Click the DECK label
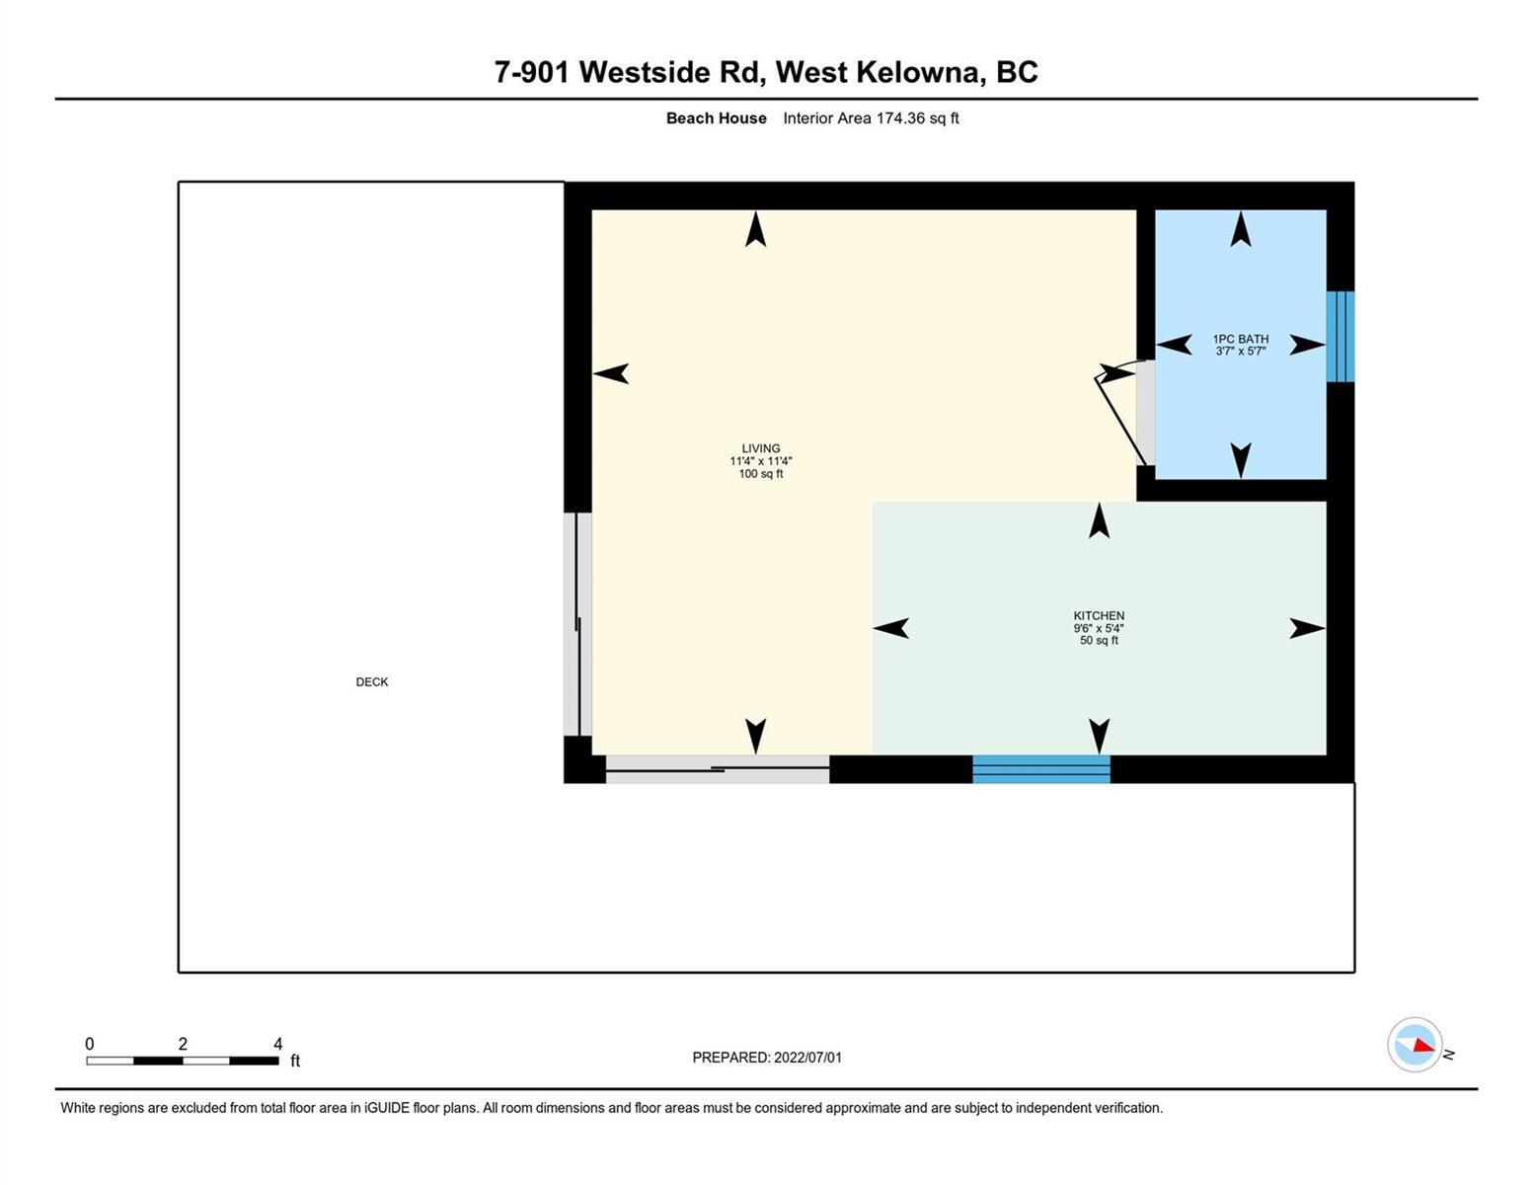coord(372,681)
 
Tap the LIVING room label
coord(760,448)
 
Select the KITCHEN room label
coord(1099,615)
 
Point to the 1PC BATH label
coord(1240,339)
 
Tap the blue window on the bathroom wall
coord(1340,337)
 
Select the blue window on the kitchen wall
coord(1041,769)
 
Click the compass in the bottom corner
coord(1415,1045)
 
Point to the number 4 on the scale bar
coord(278,1044)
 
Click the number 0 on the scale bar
coord(90,1044)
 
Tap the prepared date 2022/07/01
coord(807,1058)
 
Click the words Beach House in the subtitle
coord(716,118)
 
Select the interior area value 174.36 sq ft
coord(917,118)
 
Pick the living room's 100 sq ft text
coord(760,474)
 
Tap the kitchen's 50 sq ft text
coord(1099,640)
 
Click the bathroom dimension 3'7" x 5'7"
coord(1240,351)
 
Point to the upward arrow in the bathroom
coord(1240,229)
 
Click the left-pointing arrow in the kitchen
coord(891,627)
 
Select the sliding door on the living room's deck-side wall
coord(577,624)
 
